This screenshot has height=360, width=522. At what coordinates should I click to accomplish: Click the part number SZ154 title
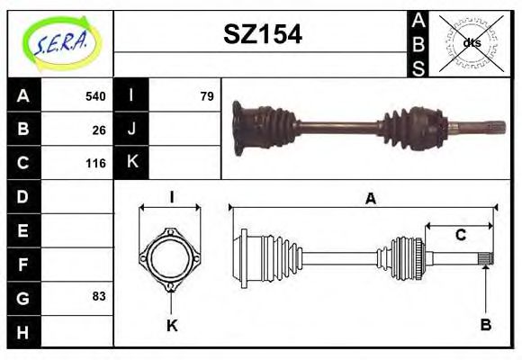pyautogui.click(x=262, y=34)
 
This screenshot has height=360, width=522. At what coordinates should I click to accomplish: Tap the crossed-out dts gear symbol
pyautogui.click(x=471, y=42)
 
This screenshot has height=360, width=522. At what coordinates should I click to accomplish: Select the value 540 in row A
pyautogui.click(x=94, y=96)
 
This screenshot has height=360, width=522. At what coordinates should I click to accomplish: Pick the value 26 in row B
pyautogui.click(x=98, y=130)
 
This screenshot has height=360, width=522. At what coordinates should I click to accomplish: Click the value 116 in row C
pyautogui.click(x=94, y=164)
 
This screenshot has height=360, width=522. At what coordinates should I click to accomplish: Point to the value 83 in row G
pyautogui.click(x=98, y=296)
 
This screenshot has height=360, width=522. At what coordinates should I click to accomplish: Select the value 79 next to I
pyautogui.click(x=206, y=96)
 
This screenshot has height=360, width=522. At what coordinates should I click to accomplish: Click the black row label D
pyautogui.click(x=23, y=196)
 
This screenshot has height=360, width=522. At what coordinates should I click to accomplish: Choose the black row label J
pyautogui.click(x=132, y=130)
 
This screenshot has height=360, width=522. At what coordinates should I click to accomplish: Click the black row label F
pyautogui.click(x=23, y=264)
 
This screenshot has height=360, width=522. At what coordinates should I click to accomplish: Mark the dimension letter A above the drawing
pyautogui.click(x=369, y=199)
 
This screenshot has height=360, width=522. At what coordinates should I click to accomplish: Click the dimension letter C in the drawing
pyautogui.click(x=460, y=236)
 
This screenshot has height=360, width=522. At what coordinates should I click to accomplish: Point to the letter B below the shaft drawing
pyautogui.click(x=485, y=325)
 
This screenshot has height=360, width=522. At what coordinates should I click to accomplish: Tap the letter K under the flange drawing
pyautogui.click(x=171, y=326)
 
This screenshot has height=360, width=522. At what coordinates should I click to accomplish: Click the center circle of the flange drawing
pyautogui.click(x=169, y=259)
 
